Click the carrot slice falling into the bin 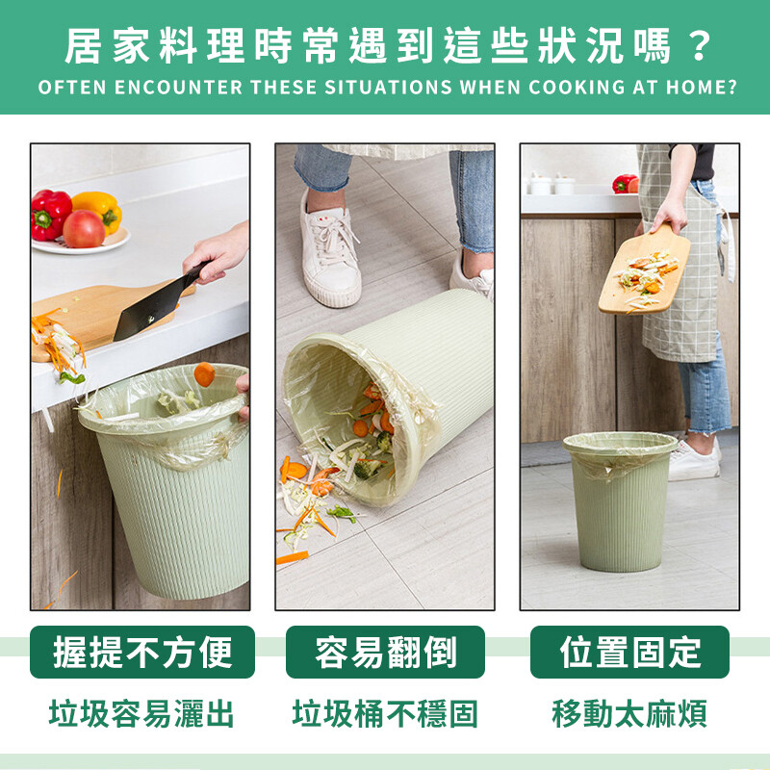(204, 374)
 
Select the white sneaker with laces (330, 251)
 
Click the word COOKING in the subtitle (576, 88)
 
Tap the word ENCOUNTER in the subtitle (178, 88)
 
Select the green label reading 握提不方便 (142, 653)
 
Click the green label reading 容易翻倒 (386, 653)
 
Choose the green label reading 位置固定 (630, 653)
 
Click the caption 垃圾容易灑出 (141, 714)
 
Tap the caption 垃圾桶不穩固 (385, 714)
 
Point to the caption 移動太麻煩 (629, 714)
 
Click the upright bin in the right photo (620, 501)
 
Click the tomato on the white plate (84, 229)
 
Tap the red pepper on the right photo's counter (625, 184)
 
